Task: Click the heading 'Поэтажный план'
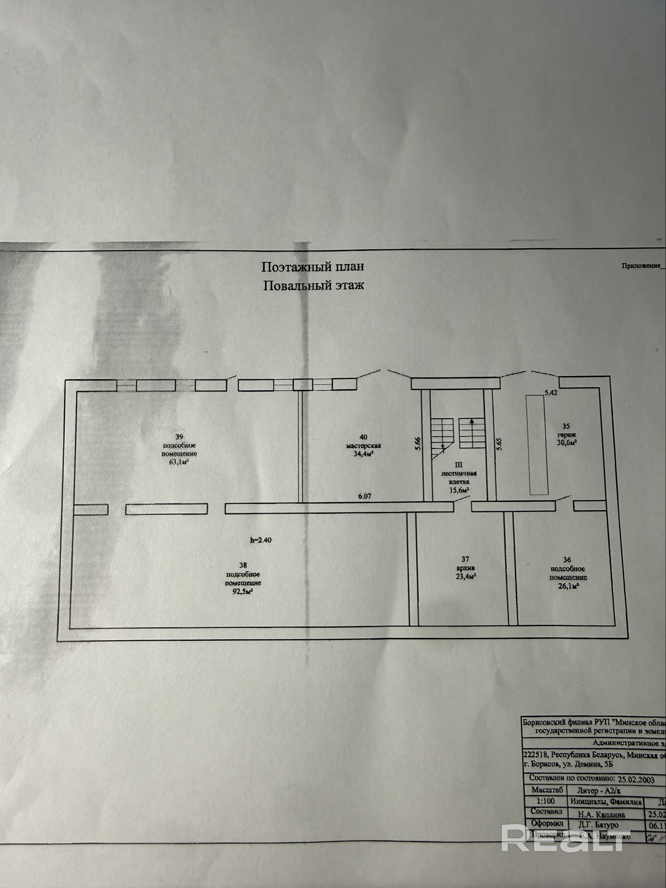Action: (313, 266)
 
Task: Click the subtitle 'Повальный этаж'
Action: (313, 285)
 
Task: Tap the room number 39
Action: (179, 436)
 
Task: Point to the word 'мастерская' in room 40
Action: (364, 445)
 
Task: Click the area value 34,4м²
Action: (364, 454)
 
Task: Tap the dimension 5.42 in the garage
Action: (551, 392)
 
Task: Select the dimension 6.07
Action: (365, 497)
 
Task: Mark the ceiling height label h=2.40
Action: (261, 540)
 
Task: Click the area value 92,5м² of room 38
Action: (243, 592)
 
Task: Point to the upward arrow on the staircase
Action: (472, 422)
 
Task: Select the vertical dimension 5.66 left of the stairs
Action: (417, 444)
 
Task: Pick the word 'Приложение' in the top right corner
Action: (641, 266)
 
